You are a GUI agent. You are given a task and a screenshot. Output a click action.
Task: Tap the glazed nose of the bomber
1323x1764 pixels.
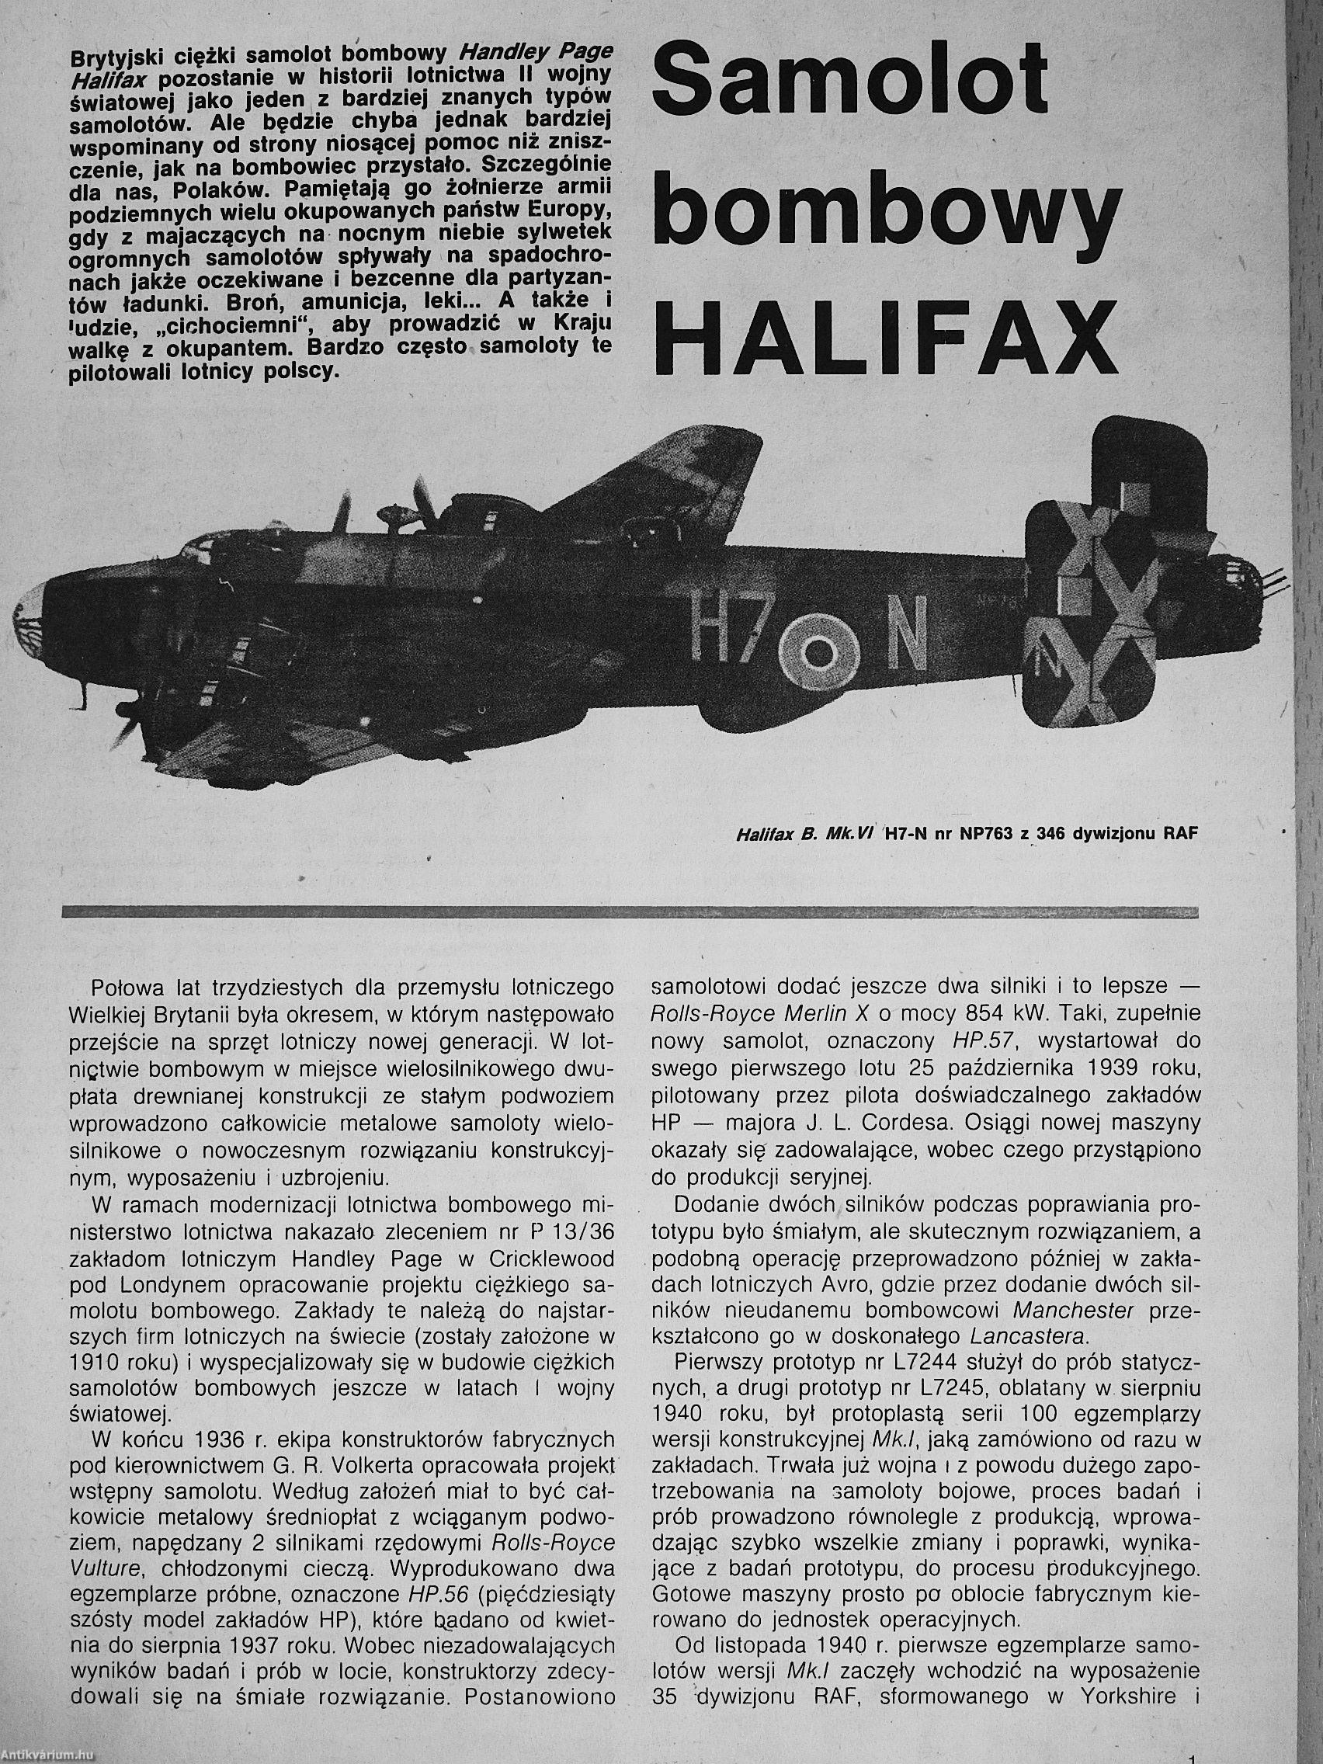pyautogui.click(x=32, y=614)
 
